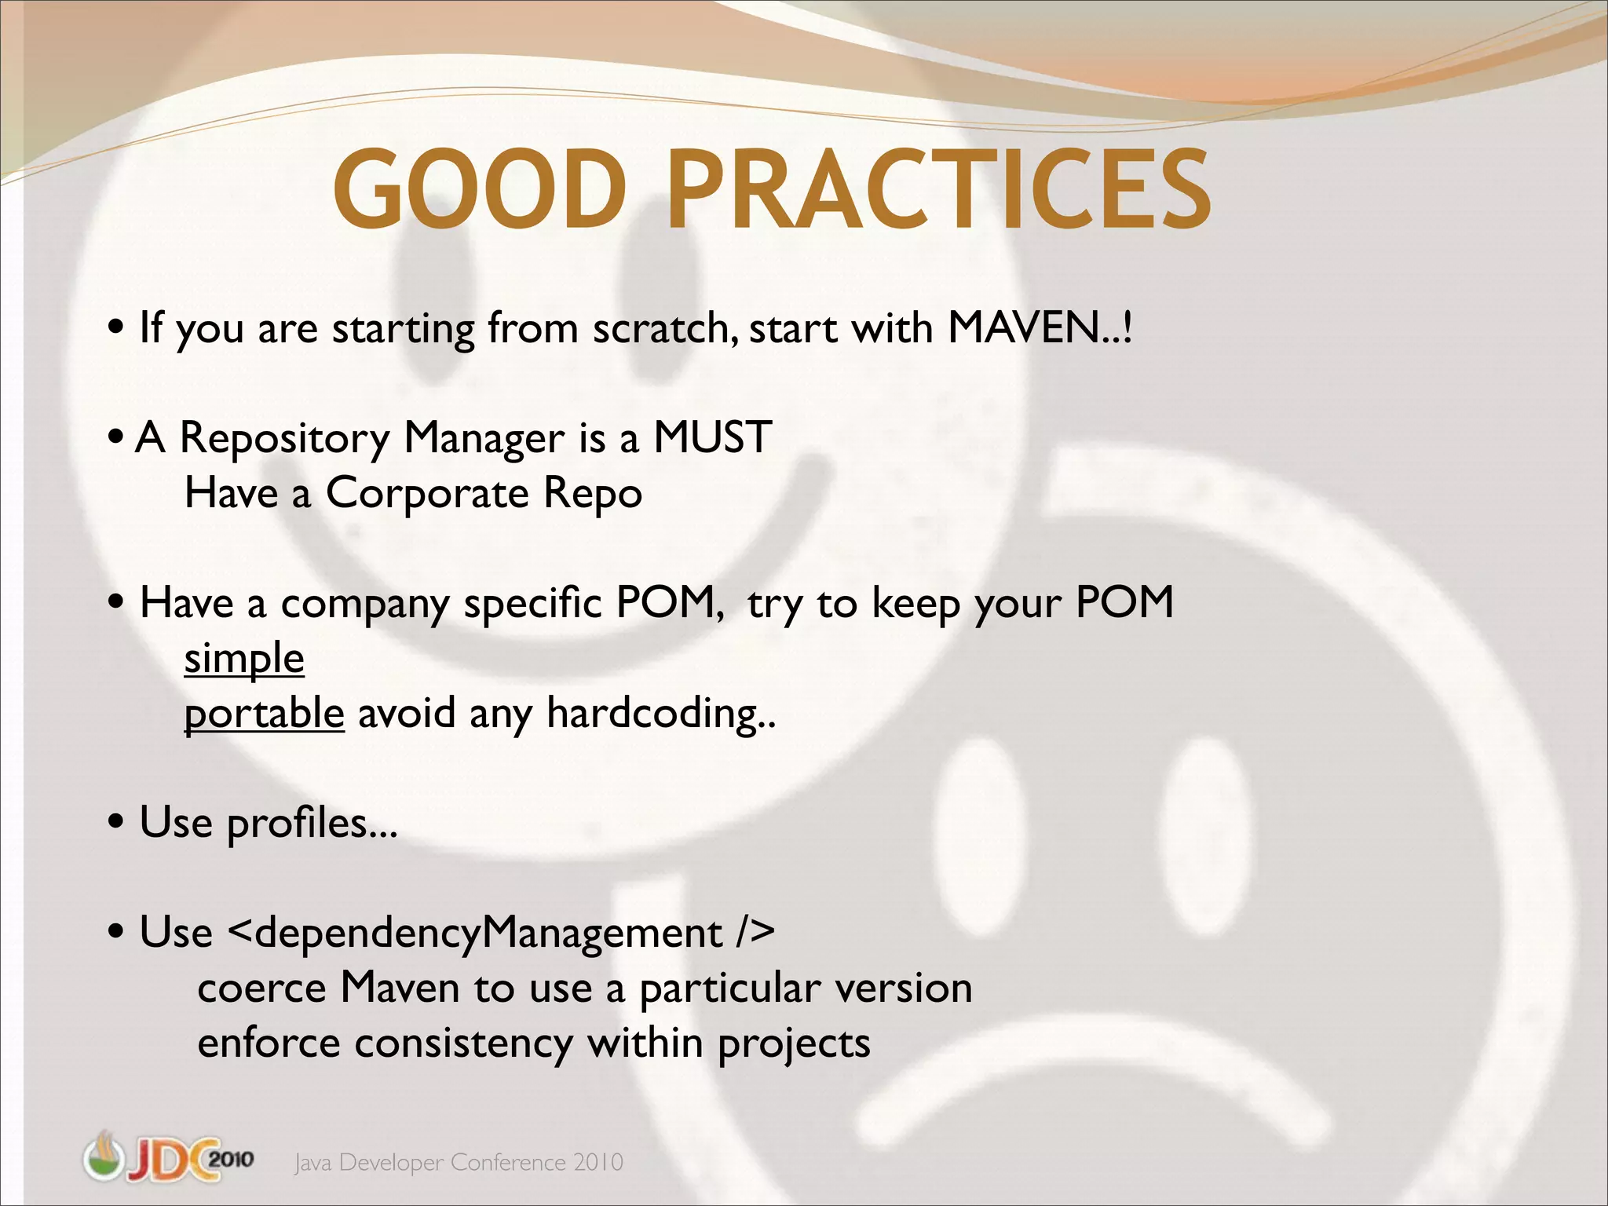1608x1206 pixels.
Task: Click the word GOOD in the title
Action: click(x=481, y=191)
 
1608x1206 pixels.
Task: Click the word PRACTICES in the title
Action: click(x=938, y=191)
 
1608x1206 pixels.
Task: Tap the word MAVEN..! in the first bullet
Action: click(x=1040, y=327)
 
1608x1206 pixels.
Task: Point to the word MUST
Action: click(x=712, y=437)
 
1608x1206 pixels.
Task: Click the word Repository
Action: click(x=284, y=439)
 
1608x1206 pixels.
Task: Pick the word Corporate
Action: click(x=427, y=494)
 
